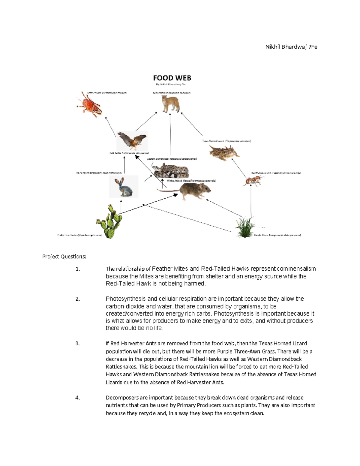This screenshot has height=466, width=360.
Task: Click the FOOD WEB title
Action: [x=172, y=78]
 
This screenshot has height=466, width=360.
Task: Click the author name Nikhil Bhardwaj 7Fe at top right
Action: [x=291, y=47]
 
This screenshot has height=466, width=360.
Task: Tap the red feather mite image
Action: [x=90, y=105]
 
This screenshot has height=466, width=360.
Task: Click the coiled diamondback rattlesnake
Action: [x=170, y=170]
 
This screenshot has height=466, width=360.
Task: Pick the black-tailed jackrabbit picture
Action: [x=124, y=187]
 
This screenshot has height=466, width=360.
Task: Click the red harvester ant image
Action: [x=253, y=181]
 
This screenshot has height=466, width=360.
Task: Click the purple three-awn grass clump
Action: [x=245, y=228]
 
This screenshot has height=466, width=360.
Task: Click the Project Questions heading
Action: [x=64, y=257]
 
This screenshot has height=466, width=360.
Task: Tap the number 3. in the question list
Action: [x=78, y=344]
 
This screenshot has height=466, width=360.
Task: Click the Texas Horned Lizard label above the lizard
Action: [x=226, y=141]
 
